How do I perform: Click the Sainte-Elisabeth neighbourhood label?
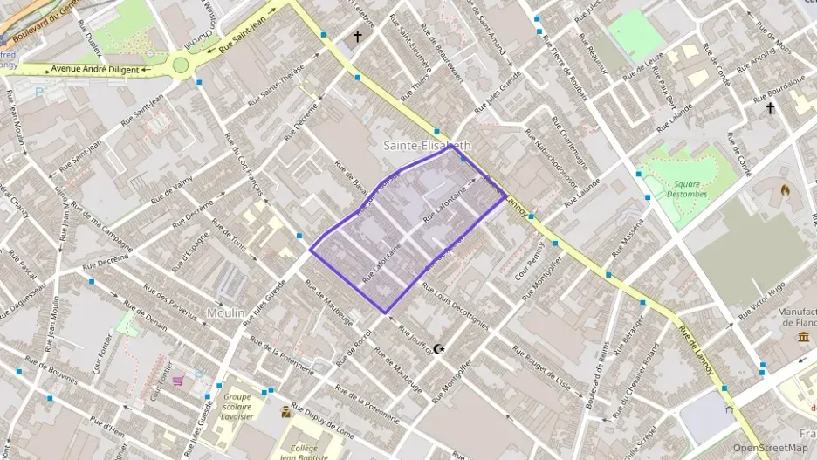(428, 146)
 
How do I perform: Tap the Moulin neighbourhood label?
(225, 312)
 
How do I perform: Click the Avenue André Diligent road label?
(95, 69)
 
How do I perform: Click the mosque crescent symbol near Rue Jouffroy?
(439, 348)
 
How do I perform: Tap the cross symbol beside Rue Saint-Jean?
(356, 37)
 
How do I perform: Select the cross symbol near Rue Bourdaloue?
(770, 108)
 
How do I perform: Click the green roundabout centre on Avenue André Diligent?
(181, 64)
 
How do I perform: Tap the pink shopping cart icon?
(178, 381)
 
